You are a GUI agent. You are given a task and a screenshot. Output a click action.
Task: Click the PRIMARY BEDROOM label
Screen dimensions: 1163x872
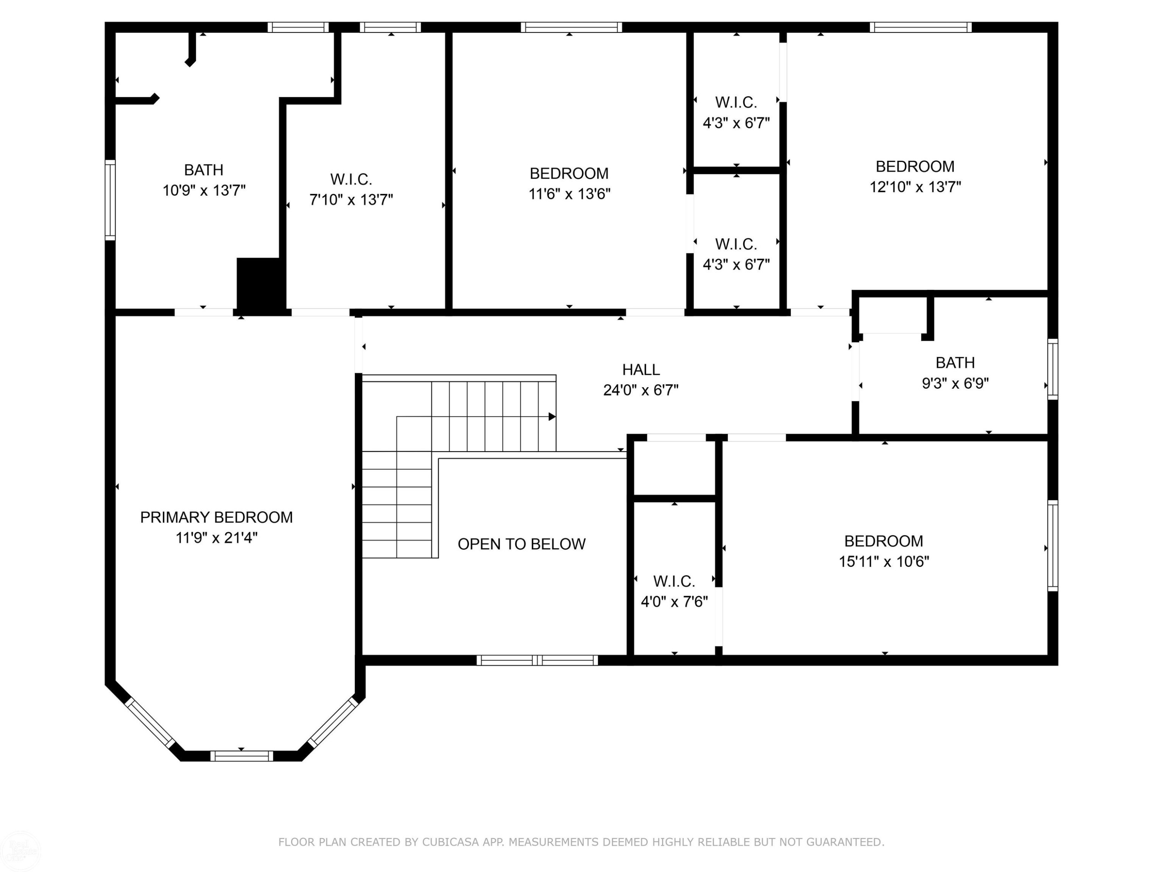click(x=216, y=517)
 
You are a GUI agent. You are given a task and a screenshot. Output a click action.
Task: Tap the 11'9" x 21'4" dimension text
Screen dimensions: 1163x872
click(x=217, y=538)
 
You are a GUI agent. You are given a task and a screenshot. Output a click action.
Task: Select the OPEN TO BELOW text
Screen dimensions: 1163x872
click(x=521, y=544)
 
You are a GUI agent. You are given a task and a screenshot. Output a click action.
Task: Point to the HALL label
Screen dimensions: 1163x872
click(x=641, y=370)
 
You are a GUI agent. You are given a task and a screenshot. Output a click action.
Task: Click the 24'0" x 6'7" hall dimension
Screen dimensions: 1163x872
click(x=641, y=390)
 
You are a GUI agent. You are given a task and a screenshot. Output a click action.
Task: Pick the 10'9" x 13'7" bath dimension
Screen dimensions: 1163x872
click(x=204, y=190)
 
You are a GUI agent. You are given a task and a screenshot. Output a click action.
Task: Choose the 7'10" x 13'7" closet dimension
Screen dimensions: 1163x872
click(x=351, y=200)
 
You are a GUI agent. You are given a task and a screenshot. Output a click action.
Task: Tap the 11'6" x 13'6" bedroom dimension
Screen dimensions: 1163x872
click(x=569, y=194)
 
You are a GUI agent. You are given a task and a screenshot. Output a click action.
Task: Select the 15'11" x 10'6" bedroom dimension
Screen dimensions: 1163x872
click(x=884, y=561)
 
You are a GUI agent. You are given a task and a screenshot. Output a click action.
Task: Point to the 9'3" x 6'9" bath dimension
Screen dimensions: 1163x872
click(x=955, y=383)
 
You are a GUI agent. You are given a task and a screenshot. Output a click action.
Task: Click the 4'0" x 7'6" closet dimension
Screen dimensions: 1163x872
click(x=675, y=601)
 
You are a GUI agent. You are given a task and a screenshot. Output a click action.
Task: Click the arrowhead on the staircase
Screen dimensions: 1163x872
click(x=552, y=417)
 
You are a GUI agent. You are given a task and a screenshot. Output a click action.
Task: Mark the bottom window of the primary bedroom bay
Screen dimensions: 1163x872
click(x=242, y=756)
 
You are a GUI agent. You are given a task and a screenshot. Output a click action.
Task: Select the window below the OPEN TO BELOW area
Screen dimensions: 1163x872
click(x=537, y=660)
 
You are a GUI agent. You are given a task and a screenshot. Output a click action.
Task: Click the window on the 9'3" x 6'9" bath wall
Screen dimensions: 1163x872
click(x=1053, y=369)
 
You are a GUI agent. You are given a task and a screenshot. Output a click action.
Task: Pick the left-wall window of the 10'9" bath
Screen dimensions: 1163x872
click(x=110, y=200)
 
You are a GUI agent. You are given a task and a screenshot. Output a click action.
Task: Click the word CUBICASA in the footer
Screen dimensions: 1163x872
click(x=450, y=842)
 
